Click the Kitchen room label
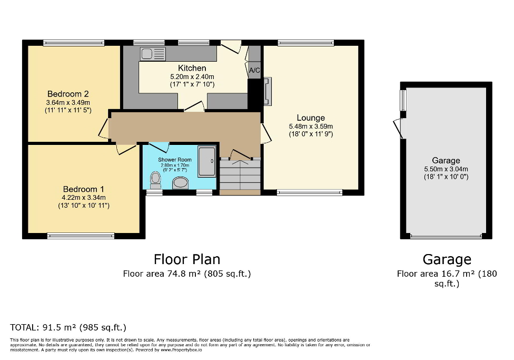(x=192, y=68)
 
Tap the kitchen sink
(x=153, y=53)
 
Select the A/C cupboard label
(x=254, y=70)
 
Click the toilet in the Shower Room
(x=155, y=179)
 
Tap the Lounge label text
(x=311, y=118)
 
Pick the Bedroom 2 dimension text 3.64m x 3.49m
(x=68, y=102)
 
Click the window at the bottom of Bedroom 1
(x=81, y=235)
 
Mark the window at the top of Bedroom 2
(x=73, y=43)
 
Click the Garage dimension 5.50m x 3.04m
(x=446, y=169)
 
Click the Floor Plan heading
(x=186, y=259)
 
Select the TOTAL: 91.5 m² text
(x=68, y=327)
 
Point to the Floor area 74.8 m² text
(x=186, y=274)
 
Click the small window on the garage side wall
(x=403, y=100)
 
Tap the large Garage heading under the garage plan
(x=447, y=259)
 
